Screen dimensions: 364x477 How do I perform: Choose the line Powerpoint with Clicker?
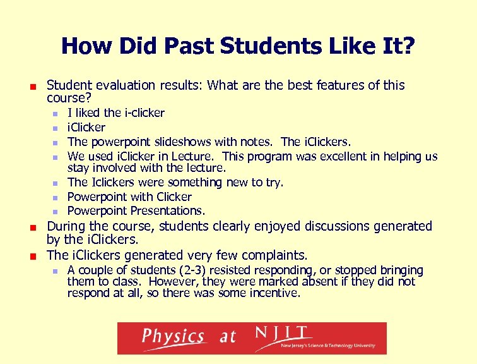tap(129, 197)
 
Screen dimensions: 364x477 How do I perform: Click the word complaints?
tap(273, 255)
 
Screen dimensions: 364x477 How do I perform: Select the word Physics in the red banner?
tap(173, 337)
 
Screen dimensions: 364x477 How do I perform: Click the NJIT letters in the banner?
tap(281, 333)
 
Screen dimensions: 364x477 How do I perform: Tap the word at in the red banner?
tap(228, 337)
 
